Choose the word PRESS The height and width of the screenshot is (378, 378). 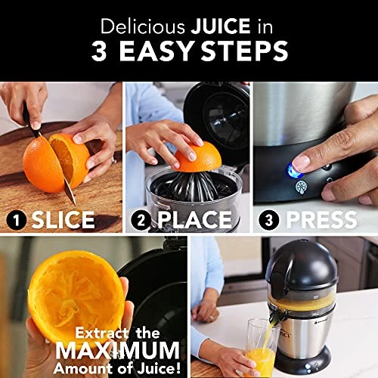tap(320, 220)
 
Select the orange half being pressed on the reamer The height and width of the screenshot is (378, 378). tap(198, 156)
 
